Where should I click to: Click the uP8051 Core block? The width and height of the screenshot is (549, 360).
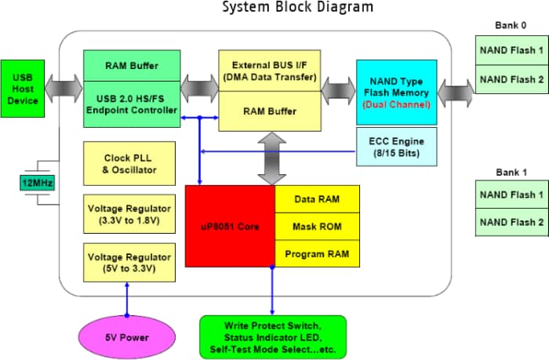[230, 226]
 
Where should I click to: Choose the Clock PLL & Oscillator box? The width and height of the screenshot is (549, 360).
[129, 163]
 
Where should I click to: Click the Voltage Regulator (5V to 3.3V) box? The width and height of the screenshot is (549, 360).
[129, 262]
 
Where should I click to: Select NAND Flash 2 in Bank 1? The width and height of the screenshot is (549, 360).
[511, 221]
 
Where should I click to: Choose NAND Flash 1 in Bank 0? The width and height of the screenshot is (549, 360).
[511, 51]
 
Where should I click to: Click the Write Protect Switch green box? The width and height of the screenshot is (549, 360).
[273, 336]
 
